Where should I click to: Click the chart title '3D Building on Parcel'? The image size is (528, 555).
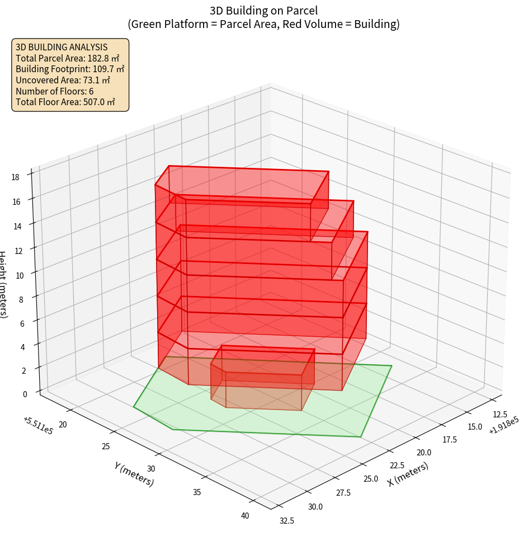(263, 10)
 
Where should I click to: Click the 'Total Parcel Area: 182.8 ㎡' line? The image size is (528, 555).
(67, 58)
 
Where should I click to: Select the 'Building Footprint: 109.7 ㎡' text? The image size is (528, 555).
(70, 69)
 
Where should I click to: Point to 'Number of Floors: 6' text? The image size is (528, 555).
(55, 91)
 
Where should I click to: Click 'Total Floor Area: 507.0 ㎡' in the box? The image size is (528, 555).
(65, 102)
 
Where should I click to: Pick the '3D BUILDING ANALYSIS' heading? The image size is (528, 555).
(62, 47)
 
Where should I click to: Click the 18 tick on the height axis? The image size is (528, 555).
(16, 177)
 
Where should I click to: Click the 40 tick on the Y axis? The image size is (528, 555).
(245, 516)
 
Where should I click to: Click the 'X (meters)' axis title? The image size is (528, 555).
(408, 474)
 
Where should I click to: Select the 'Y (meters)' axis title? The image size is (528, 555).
(134, 474)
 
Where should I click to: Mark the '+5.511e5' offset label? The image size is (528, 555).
(38, 426)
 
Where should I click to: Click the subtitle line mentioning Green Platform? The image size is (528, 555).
(263, 25)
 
